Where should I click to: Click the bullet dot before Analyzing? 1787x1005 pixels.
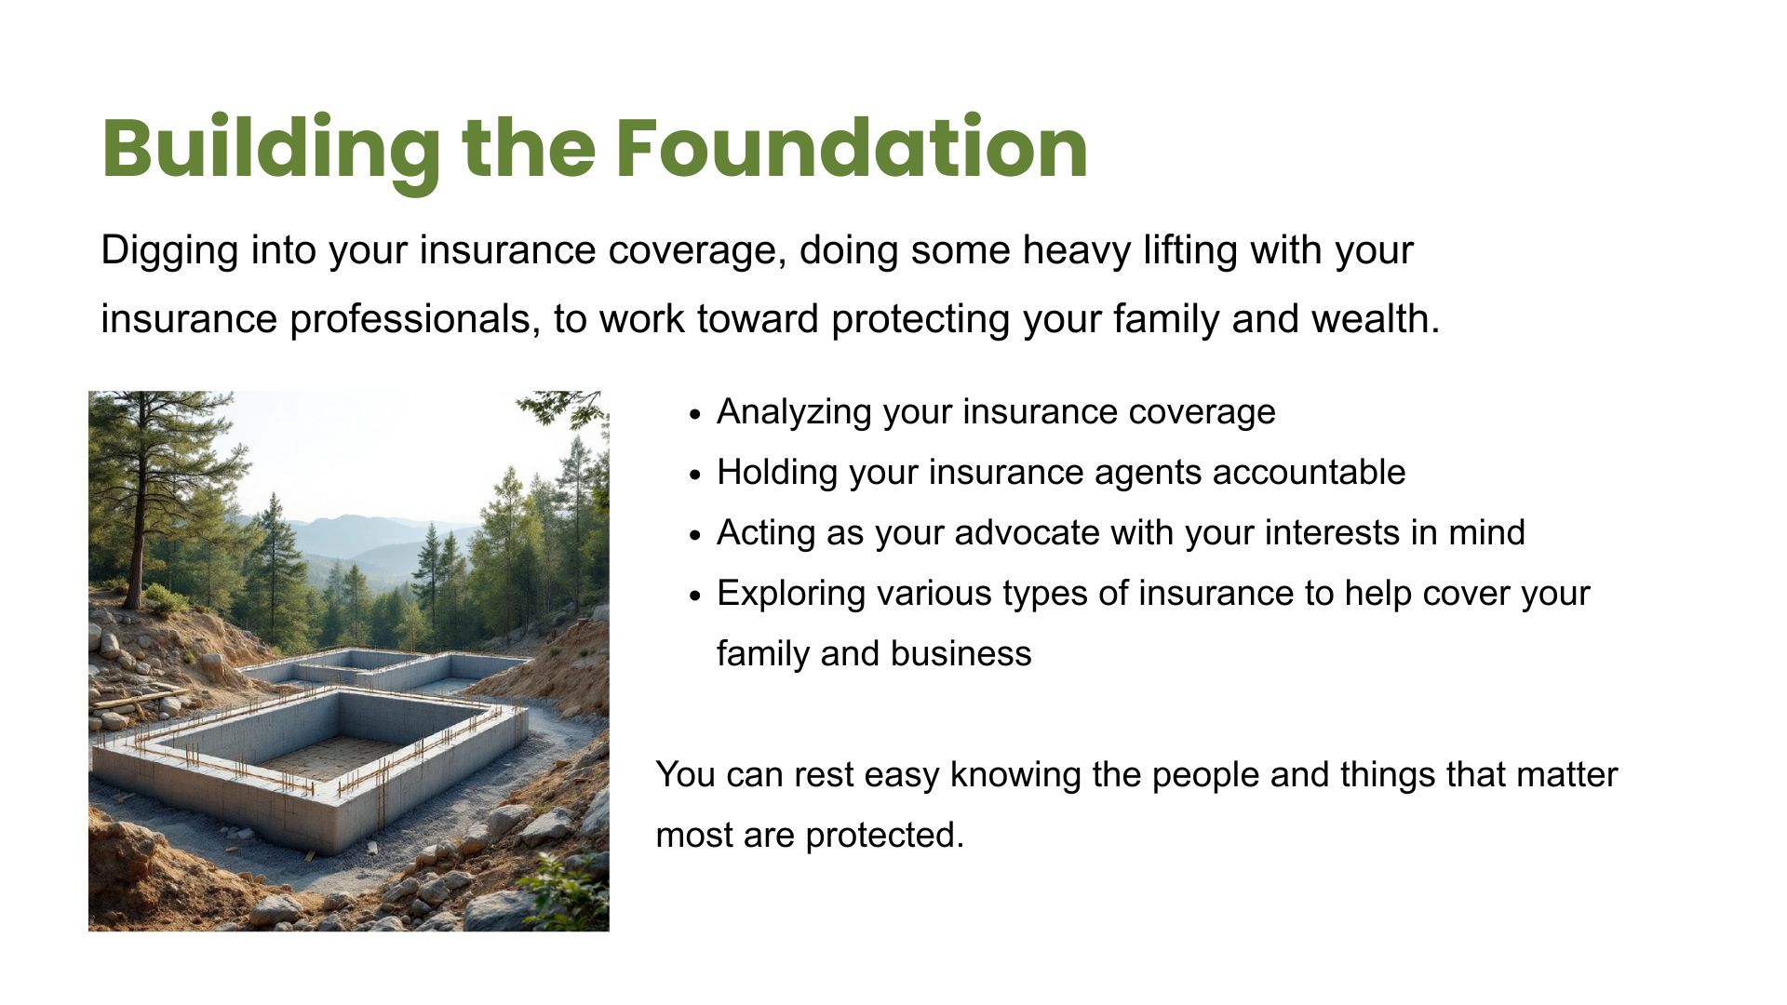click(694, 415)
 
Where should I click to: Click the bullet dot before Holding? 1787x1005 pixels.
click(694, 476)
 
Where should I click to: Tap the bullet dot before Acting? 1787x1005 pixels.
click(694, 536)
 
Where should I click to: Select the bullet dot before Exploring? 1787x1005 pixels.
click(694, 596)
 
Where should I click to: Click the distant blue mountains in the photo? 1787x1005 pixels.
click(363, 540)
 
